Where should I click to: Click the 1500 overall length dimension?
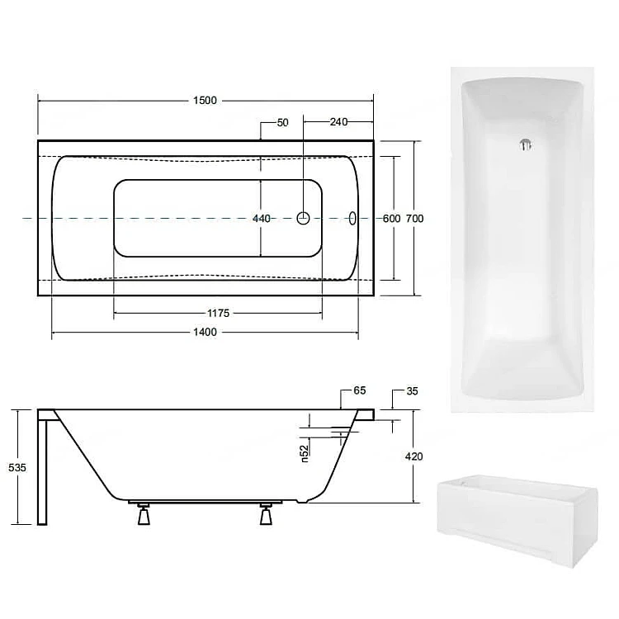click(x=205, y=100)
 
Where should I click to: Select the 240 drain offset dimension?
click(x=338, y=122)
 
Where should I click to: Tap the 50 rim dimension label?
click(x=282, y=123)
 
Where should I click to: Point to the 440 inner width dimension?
click(x=262, y=219)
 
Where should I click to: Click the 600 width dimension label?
click(x=391, y=219)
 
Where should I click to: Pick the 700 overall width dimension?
click(x=415, y=219)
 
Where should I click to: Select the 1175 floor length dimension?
click(x=219, y=313)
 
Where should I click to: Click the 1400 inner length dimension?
click(x=205, y=332)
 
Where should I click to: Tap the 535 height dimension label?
click(x=17, y=467)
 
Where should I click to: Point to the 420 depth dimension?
click(x=413, y=456)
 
